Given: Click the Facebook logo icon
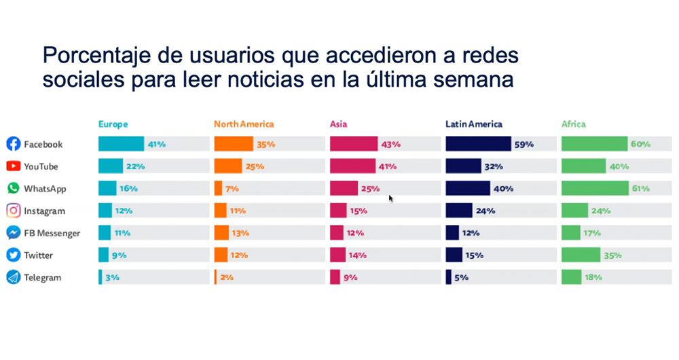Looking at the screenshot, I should pos(13,144).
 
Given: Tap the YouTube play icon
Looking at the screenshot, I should pos(13,166).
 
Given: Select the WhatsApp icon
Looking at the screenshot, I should pos(13,189).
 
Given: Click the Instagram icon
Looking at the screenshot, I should pos(13,211).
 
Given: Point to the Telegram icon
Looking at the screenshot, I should pos(13,278).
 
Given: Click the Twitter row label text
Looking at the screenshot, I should pos(38,255).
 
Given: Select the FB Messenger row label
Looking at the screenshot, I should pos(52,233).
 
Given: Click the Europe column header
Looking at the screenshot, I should pos(113,124).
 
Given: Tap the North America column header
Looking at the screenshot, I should pos(244,124).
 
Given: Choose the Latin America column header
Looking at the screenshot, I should pos(474,124).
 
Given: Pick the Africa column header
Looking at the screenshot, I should pos(573,124).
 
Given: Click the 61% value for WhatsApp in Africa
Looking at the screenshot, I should pos(640,189).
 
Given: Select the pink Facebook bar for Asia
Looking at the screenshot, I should pos(353,144).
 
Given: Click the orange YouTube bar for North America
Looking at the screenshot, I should pos(227,166).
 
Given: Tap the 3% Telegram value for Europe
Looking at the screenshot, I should pos(113,278).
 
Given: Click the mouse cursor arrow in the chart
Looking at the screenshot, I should pos(390,198).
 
